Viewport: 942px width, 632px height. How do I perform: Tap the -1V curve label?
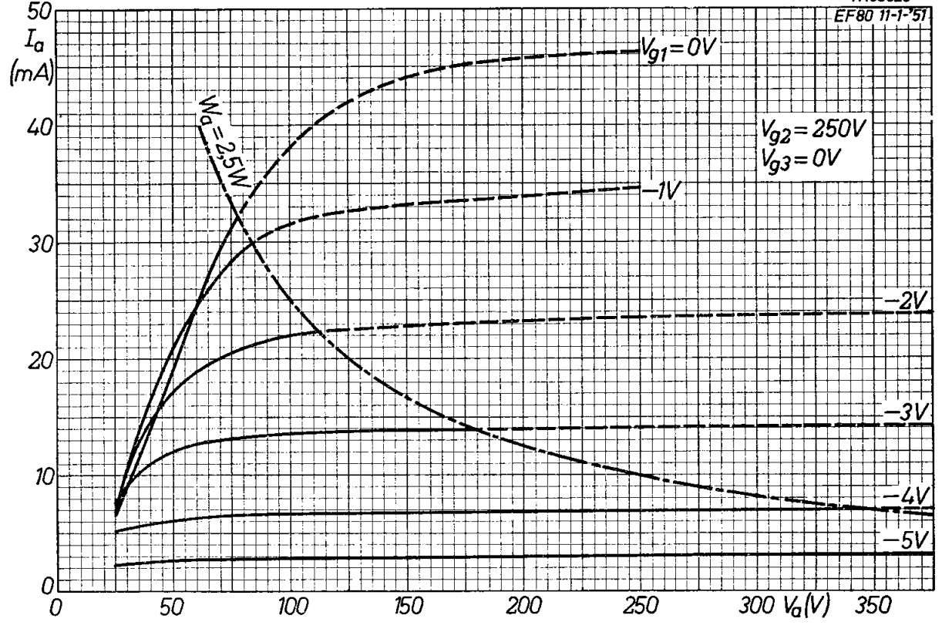click(661, 189)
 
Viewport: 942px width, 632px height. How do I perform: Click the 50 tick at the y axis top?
click(35, 12)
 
